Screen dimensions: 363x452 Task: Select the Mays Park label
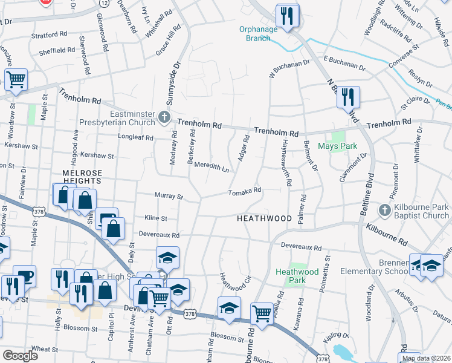click(x=338, y=146)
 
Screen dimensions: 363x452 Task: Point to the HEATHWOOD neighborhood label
click(x=264, y=218)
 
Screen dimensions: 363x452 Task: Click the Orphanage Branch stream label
click(x=258, y=33)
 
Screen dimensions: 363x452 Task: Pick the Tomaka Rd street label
click(x=244, y=191)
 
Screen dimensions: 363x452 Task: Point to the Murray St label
click(x=169, y=196)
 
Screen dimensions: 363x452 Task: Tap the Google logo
click(x=20, y=356)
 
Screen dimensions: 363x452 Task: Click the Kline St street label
click(x=156, y=217)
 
